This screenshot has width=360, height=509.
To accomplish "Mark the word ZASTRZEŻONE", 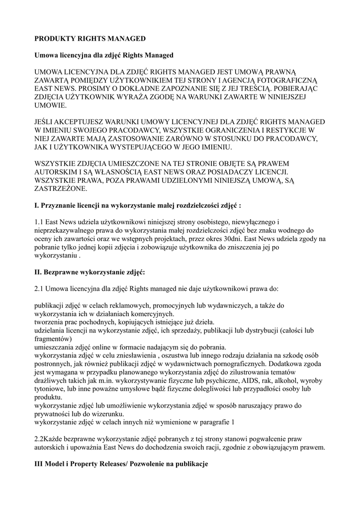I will point(60,189).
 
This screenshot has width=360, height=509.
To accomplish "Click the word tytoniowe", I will point(50,389).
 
